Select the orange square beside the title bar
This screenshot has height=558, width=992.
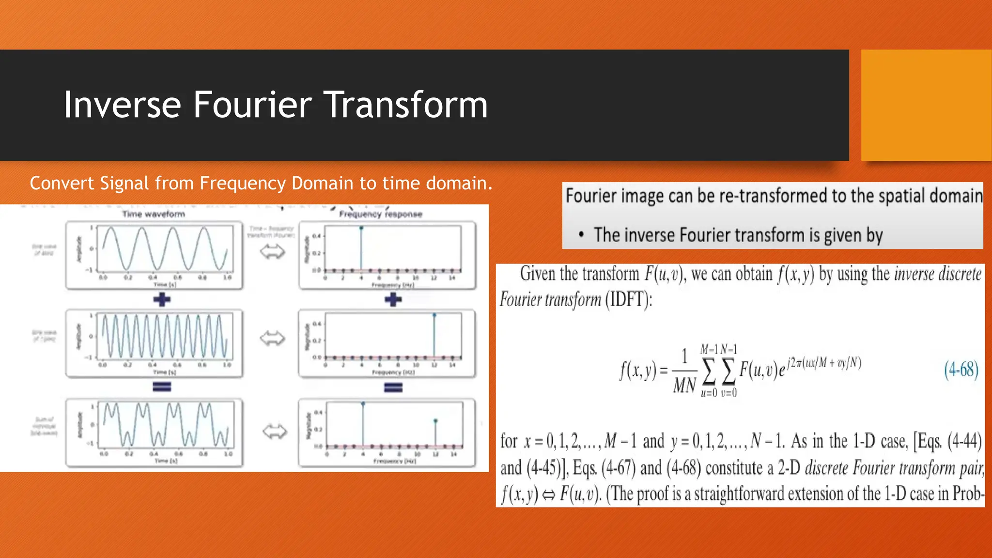[x=926, y=105]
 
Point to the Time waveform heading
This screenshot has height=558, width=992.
[x=154, y=214]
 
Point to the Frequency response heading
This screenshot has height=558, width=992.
[x=381, y=214]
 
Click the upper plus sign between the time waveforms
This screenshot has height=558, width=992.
[x=162, y=300]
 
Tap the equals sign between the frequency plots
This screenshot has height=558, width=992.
[x=393, y=387]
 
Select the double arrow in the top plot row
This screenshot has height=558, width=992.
[x=272, y=252]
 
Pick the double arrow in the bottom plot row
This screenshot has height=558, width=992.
[x=275, y=431]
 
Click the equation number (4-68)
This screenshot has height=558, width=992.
[x=961, y=370]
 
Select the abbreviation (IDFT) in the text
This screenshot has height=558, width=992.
[x=628, y=300]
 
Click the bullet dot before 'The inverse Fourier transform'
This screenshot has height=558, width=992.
[x=581, y=235]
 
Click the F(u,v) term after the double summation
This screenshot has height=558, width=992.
[x=758, y=371]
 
